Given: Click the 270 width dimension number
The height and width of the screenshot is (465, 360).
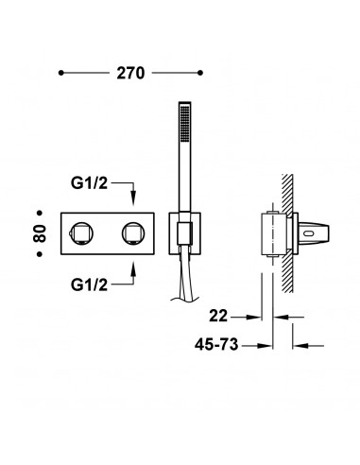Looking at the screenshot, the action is (x=130, y=73).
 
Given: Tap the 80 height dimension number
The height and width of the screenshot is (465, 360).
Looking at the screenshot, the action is (x=40, y=233).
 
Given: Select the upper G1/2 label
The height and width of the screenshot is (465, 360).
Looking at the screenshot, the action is (x=89, y=183).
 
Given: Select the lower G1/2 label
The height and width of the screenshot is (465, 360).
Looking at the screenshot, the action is (x=89, y=285).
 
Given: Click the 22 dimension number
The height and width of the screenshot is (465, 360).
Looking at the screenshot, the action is (x=218, y=316).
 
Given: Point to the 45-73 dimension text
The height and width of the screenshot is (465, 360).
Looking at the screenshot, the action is (x=216, y=344).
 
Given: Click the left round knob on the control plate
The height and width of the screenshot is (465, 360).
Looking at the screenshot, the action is (x=81, y=233).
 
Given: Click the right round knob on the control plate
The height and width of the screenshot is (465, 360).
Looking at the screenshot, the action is (x=133, y=233).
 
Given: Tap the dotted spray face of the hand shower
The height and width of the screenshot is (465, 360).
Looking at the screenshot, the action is (x=184, y=123).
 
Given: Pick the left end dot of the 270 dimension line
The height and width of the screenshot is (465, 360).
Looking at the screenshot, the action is (x=61, y=73).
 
